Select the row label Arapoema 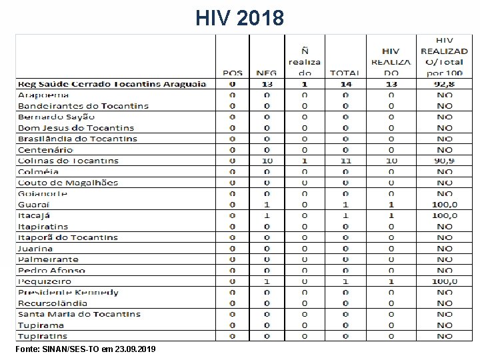43,95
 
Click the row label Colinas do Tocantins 68,161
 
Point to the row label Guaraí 33,205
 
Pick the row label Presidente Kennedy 68,293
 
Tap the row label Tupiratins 43,336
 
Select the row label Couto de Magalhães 68,183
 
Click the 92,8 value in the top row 445,84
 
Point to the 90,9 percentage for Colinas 445,161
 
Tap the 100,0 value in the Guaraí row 445,205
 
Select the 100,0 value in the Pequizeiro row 445,281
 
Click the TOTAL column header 345,73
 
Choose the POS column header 233,73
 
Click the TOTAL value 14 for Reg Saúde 345,84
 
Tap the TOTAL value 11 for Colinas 345,161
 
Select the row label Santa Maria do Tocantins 79,314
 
